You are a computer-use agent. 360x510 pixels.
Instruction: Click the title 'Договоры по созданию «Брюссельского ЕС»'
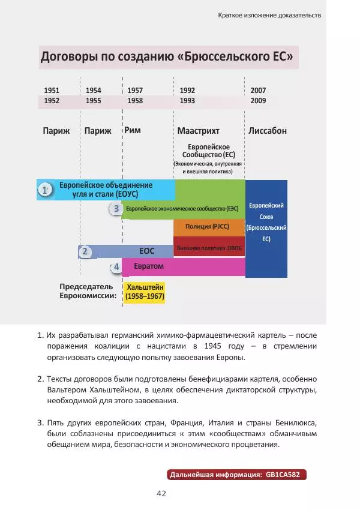point(167,58)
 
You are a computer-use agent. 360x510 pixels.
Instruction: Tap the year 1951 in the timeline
point(52,90)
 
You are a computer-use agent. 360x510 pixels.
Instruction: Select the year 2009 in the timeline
point(258,101)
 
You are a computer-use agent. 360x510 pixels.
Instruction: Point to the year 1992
point(187,90)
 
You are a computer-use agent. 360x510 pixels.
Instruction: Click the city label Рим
point(133,130)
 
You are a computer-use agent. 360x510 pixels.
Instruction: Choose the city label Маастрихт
point(198,131)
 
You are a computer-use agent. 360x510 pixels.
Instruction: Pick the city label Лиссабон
point(267,131)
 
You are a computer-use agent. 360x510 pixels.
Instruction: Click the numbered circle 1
point(44,190)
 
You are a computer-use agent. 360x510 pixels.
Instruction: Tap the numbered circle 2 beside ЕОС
point(86,251)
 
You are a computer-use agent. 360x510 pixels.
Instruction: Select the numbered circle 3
point(116,209)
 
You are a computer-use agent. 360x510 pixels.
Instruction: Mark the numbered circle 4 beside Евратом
point(116,266)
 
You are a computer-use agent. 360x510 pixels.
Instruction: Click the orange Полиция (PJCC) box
point(209,227)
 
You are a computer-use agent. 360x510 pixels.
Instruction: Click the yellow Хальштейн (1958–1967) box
point(145,292)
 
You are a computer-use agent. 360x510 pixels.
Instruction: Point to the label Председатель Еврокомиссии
point(88,292)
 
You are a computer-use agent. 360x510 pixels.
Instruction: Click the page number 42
point(161,493)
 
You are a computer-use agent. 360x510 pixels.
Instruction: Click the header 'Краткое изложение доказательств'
point(269,14)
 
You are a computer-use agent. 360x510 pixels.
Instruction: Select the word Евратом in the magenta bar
point(149,266)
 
